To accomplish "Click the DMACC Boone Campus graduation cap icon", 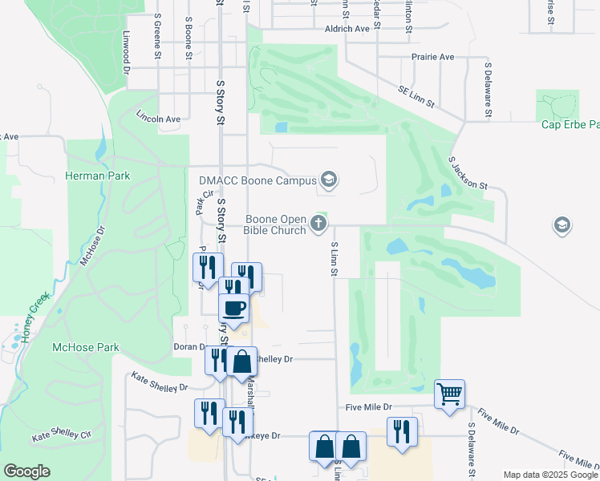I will [x=328, y=180].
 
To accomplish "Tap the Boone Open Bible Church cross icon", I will [x=318, y=224].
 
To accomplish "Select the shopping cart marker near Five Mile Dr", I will [x=449, y=394].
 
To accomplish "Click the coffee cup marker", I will [x=233, y=308].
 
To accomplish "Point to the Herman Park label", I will [x=97, y=176].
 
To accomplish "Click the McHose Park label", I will [x=85, y=347].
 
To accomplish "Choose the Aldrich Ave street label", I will [x=347, y=29].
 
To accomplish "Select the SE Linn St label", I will [x=417, y=97].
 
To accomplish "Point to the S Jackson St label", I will [x=468, y=173].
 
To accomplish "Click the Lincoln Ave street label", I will [x=158, y=119].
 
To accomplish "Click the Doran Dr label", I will [x=190, y=346].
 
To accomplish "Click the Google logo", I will [x=26, y=471].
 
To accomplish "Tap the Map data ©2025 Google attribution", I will [x=549, y=475].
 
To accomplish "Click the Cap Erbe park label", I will [x=570, y=124].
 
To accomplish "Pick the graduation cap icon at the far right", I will [x=562, y=225].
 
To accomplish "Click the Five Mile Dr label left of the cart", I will [x=369, y=407].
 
